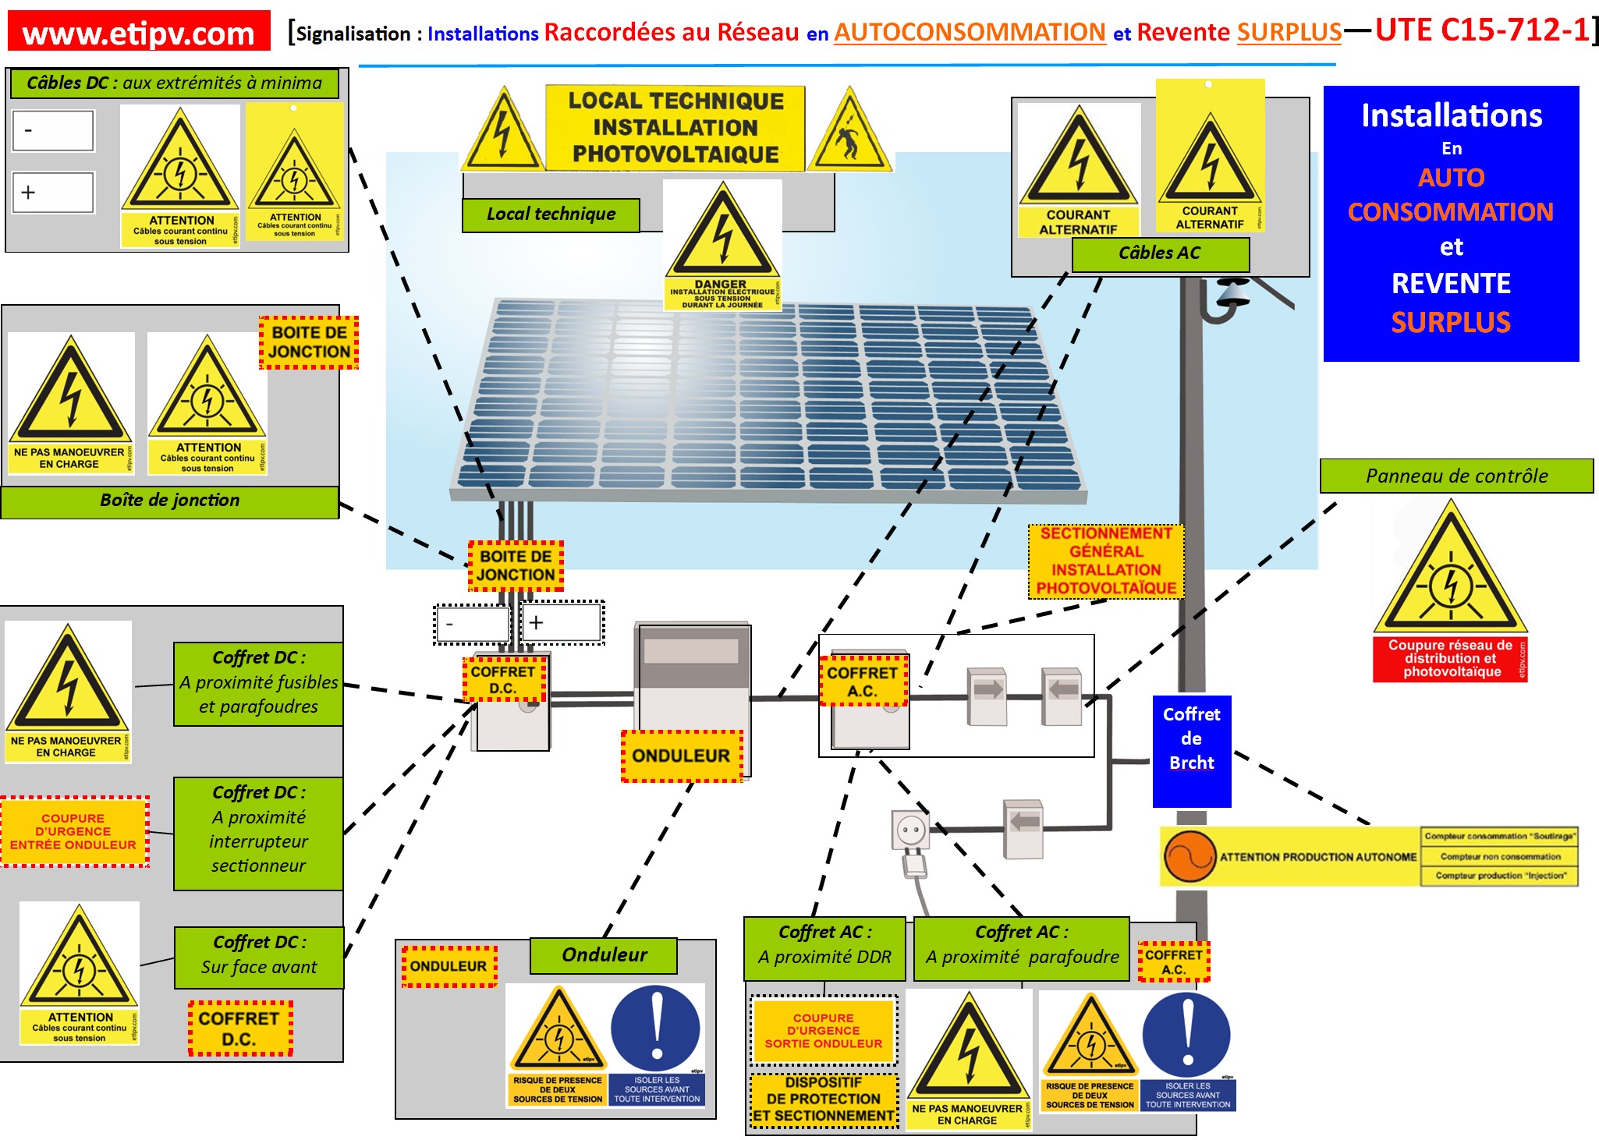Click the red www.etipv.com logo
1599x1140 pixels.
coord(139,32)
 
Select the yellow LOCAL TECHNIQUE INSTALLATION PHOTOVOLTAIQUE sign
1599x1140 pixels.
coord(675,128)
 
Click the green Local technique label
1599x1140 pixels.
coord(551,214)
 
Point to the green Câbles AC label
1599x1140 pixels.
coord(1159,253)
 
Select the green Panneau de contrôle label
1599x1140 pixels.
coord(1455,476)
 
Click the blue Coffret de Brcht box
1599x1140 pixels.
coord(1191,738)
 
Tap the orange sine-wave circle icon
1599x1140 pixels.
coord(1189,856)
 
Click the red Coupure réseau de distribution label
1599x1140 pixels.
coord(1449,659)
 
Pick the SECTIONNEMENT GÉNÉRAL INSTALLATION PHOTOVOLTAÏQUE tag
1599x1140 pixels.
coord(1105,561)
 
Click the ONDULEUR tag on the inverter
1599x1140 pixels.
coord(681,756)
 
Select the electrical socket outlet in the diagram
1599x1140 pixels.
coord(910,830)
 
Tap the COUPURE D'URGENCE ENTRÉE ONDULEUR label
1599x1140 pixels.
coord(73,831)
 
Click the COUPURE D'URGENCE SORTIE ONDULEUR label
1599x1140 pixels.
coord(823,1031)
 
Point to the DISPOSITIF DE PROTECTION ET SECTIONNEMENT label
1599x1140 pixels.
coord(823,1099)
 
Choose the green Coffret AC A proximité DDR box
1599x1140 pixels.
coord(824,946)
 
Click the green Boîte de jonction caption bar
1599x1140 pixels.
coord(169,501)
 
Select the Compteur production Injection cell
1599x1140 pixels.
coord(1498,876)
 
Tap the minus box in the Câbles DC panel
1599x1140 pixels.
coord(53,130)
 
